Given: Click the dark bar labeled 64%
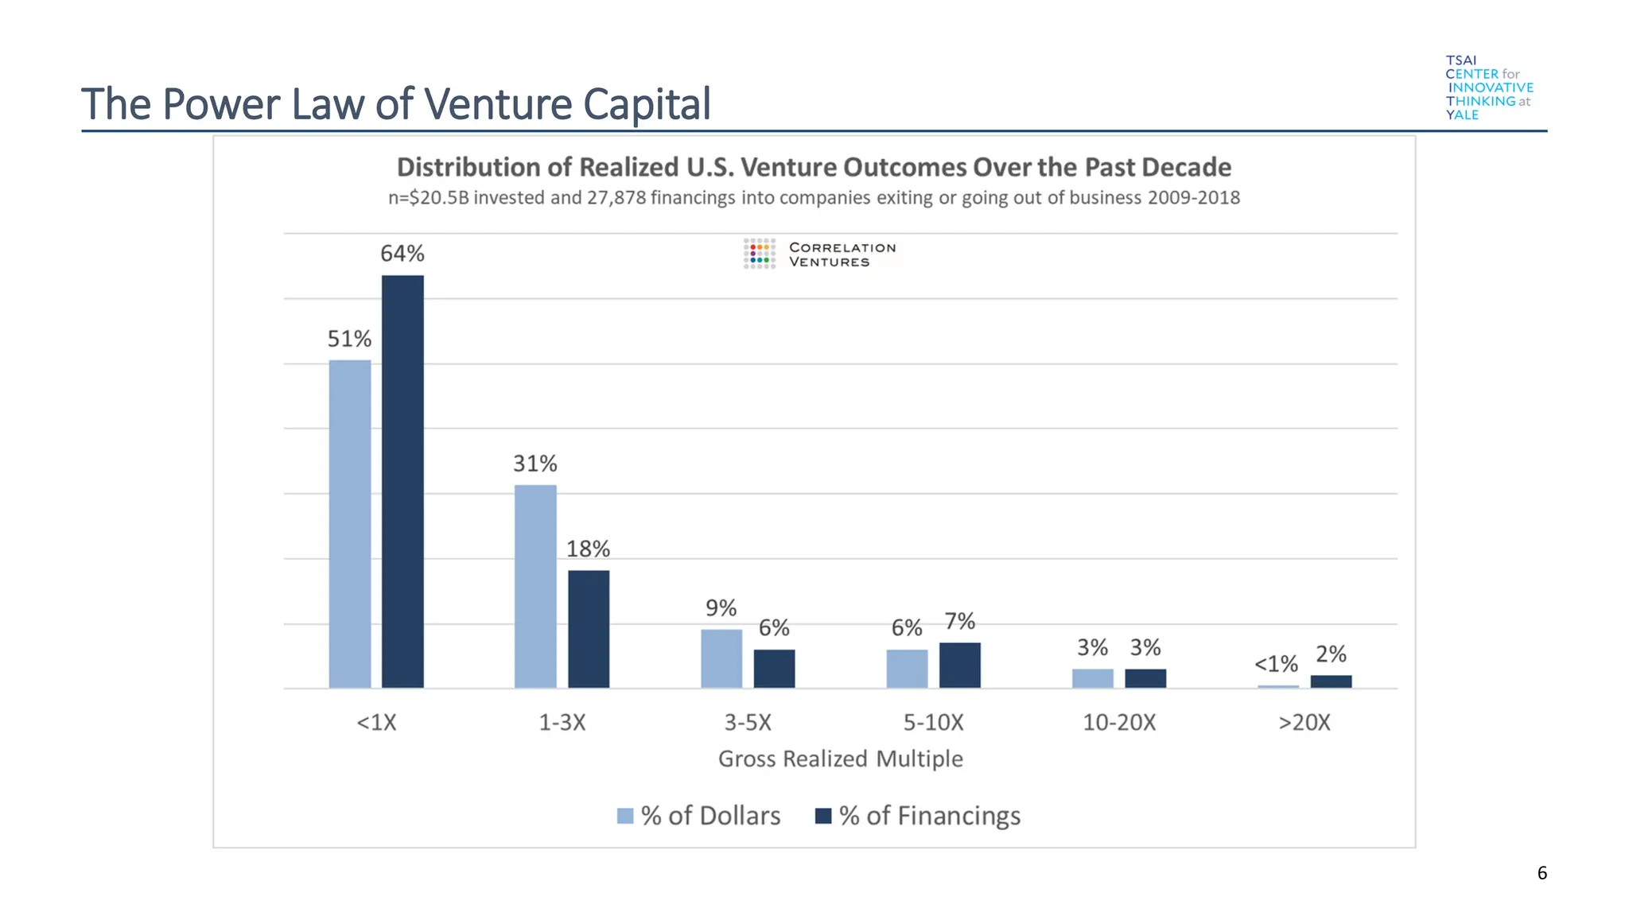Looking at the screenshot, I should click(x=402, y=481).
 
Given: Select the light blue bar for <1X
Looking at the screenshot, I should click(x=350, y=524).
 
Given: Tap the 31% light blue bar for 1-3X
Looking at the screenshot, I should click(x=535, y=586).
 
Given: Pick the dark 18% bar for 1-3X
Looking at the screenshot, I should click(x=589, y=629).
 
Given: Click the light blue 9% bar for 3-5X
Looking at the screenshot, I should click(x=721, y=658).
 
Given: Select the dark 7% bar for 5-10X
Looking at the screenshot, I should click(x=960, y=665).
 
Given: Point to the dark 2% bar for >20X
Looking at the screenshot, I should click(x=1331, y=681).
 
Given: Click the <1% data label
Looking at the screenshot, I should click(x=1276, y=664).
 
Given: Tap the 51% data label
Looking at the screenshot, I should click(x=349, y=340).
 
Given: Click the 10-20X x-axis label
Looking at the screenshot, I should click(x=1119, y=723).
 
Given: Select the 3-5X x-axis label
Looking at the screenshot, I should click(x=748, y=723).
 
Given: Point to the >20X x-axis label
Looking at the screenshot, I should click(x=1304, y=723).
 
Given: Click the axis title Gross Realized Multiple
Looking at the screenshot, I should click(x=840, y=759).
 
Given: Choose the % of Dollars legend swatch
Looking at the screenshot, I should click(x=625, y=816).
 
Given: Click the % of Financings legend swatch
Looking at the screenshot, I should click(x=823, y=816).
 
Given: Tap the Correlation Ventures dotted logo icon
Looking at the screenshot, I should click(x=760, y=254).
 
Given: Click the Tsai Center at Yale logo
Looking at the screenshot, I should click(x=1488, y=87).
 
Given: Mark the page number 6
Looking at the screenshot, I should click(x=1542, y=873).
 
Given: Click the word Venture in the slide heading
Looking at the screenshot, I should click(x=498, y=104).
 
